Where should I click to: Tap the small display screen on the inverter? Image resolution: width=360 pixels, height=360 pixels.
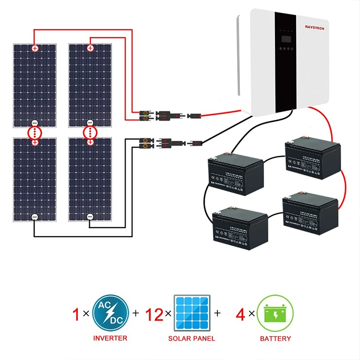286,46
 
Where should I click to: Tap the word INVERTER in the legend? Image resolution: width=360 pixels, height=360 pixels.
110,338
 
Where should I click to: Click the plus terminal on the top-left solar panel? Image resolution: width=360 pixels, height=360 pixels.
35,48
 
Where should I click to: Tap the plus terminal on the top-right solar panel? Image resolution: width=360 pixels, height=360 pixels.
90,48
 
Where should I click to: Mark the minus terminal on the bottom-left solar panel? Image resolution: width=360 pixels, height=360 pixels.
35,217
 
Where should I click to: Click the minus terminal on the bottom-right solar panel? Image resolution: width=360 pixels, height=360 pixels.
90,217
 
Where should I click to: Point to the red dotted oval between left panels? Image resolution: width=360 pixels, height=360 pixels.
35,133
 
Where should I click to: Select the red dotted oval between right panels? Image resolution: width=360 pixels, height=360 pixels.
90,133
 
